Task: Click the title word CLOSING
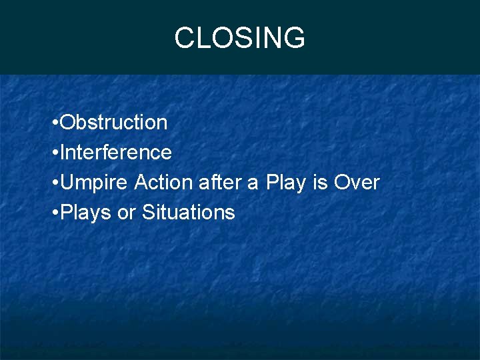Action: pos(239,38)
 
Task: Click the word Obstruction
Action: pos(114,123)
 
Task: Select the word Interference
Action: pos(116,153)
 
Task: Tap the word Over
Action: pos(357,183)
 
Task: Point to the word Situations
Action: pos(189,213)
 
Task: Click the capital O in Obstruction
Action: pos(67,123)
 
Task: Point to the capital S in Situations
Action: pos(149,213)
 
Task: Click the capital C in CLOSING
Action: pos(184,38)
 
